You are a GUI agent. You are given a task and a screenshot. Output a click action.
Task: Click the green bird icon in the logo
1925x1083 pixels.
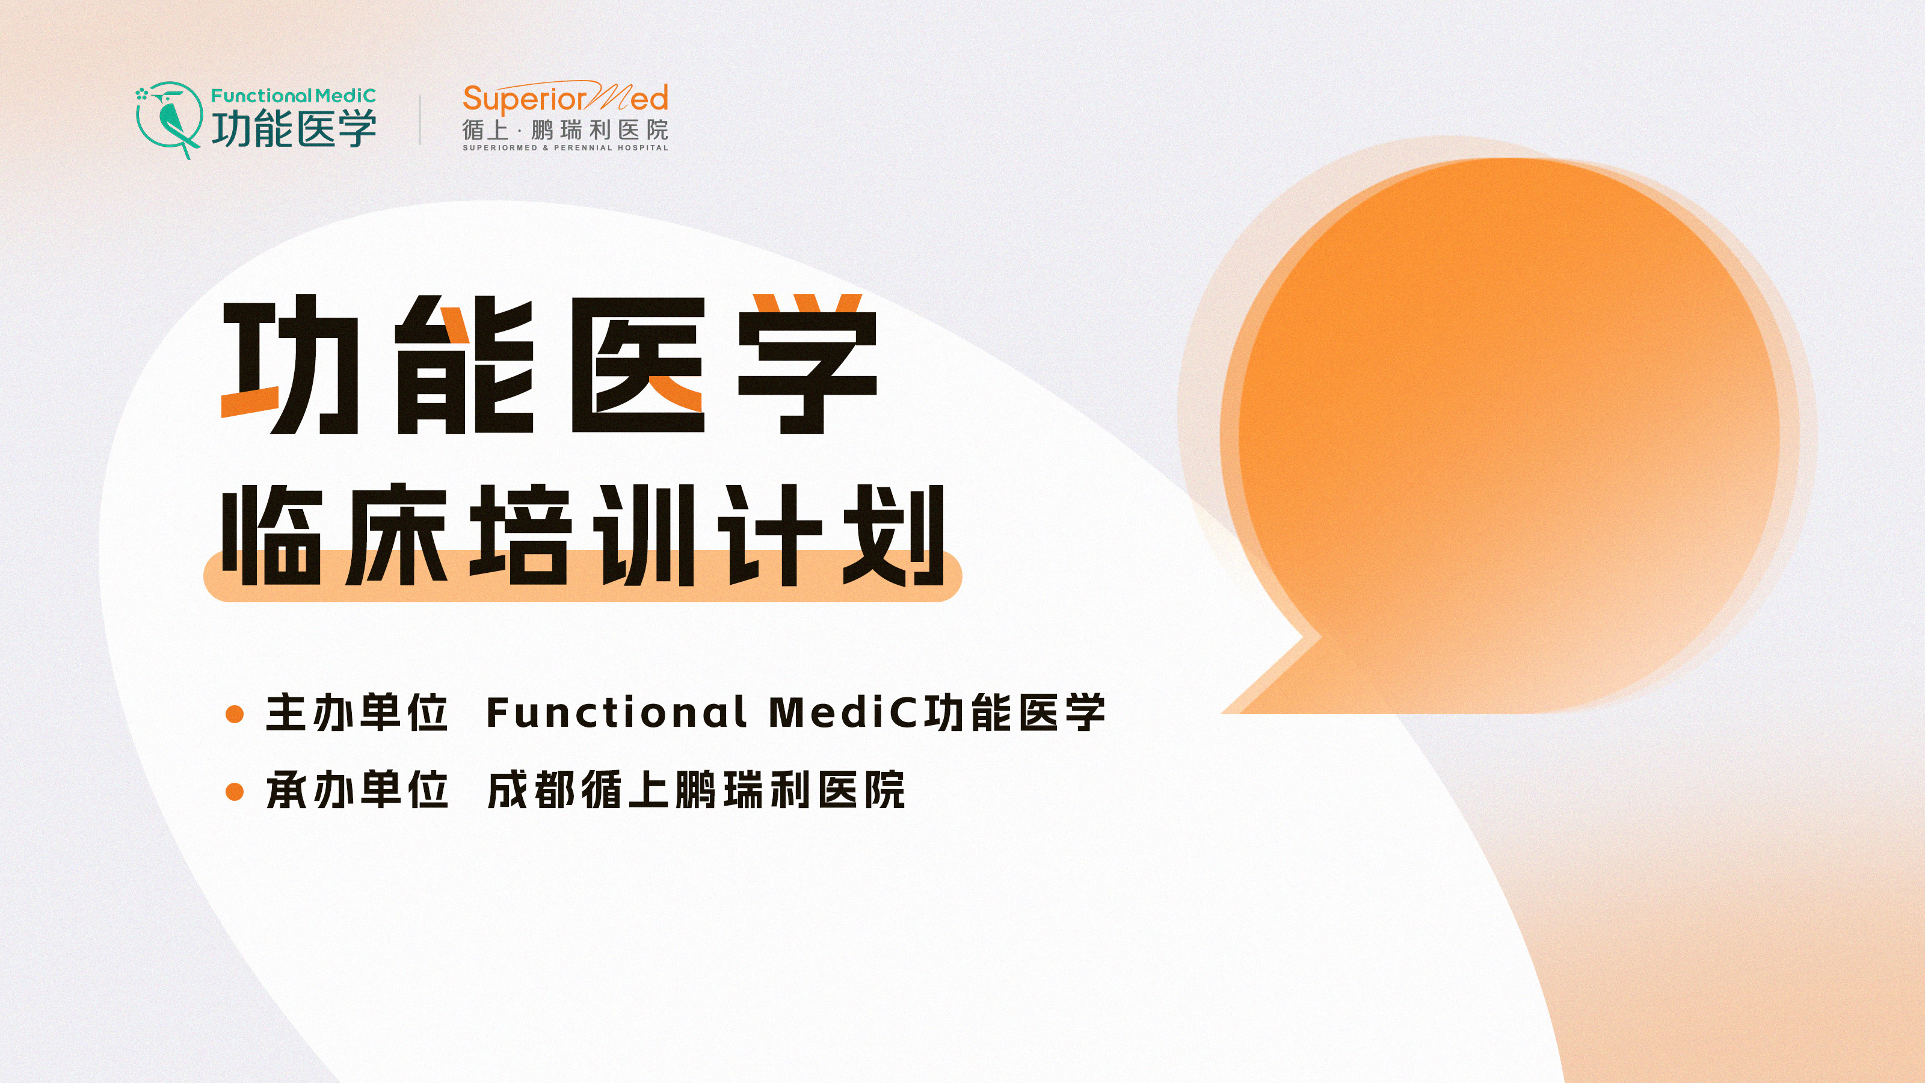pos(169,120)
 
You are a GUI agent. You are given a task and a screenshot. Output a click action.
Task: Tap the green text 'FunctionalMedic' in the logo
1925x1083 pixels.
pos(293,96)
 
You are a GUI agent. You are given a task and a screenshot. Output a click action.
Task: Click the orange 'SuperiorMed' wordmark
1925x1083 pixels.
pos(565,97)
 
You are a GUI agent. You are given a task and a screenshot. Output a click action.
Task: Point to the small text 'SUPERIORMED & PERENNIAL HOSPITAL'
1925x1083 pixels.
pos(565,148)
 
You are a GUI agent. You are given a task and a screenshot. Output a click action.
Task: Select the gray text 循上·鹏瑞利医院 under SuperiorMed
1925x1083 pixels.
pos(565,130)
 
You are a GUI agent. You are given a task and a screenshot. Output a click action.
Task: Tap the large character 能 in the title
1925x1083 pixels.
pos(465,365)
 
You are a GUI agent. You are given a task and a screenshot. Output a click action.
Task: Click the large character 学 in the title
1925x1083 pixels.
pos(807,365)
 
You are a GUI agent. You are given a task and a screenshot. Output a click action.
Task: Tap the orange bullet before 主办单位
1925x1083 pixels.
pos(235,714)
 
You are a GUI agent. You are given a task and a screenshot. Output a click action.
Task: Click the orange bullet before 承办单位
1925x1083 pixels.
pos(235,792)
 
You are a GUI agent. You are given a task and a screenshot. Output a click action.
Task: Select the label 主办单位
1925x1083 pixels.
pos(357,712)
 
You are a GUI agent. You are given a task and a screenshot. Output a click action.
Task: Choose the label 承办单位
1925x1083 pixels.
pos(357,790)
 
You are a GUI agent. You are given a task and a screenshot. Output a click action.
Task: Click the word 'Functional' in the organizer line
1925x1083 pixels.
pos(616,712)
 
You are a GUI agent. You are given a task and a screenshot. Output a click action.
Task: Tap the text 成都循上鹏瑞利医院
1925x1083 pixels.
pos(696,790)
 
